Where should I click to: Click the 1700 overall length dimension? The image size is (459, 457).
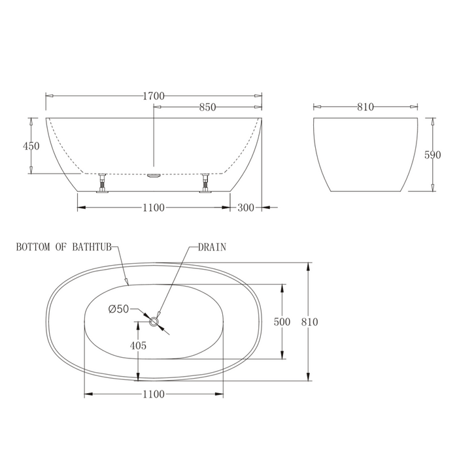coord(154,96)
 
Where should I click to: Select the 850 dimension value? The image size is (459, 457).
coord(207,108)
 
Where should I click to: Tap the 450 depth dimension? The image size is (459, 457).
coord(31,146)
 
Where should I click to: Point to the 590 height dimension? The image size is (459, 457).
coord(432,155)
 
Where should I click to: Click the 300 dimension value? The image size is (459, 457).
coord(246,208)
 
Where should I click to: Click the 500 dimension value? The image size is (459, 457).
coord(282,322)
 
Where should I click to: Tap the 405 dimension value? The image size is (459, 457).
coord(138,345)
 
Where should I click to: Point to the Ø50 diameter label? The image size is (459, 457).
coord(118,309)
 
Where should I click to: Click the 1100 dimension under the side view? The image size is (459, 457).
coord(154,208)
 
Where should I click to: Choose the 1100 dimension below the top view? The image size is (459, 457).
coord(154,394)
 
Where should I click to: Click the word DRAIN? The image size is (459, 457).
coord(212,247)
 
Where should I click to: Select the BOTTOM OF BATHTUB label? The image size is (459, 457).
coord(65,247)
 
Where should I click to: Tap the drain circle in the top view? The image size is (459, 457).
coord(156,321)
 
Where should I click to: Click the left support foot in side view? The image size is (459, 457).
coord(102,183)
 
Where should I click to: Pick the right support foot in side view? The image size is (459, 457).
coord(206,183)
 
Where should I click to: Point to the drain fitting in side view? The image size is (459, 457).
coord(154,175)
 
